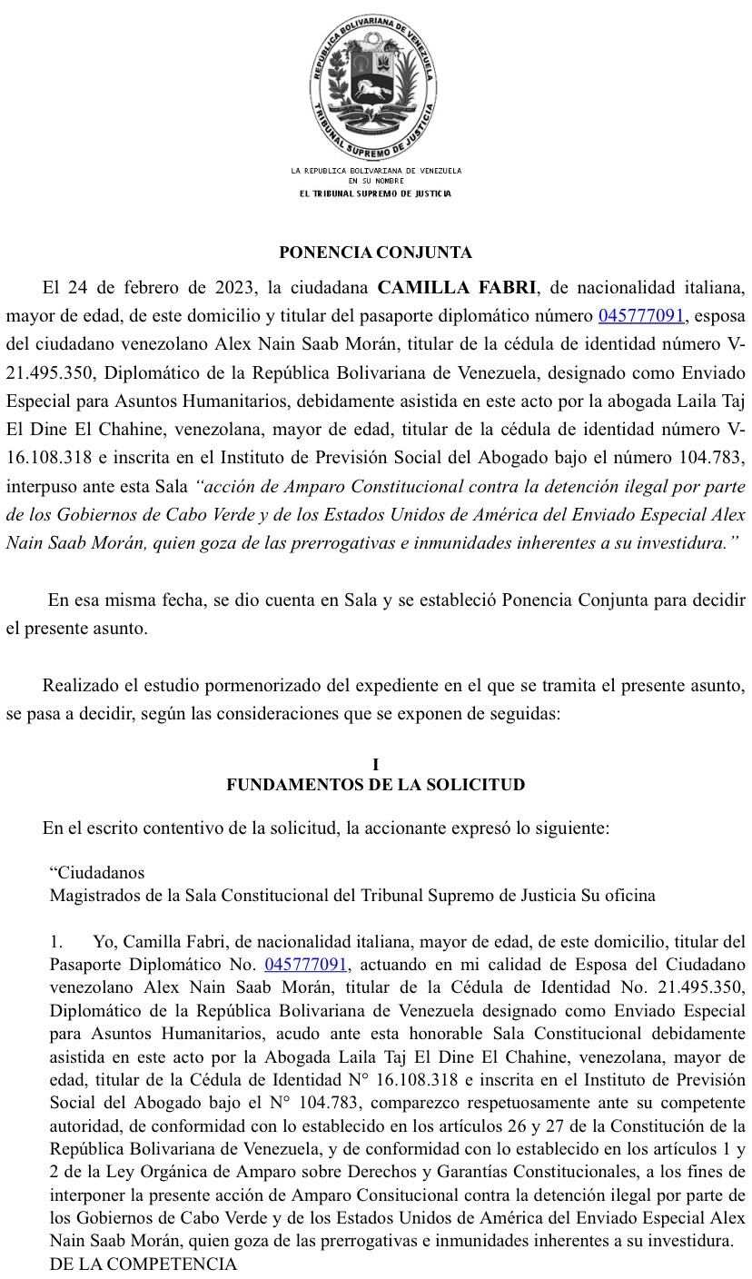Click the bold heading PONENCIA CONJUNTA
coord(375,253)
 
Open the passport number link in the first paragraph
coord(641,316)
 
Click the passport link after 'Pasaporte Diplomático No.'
coord(305,964)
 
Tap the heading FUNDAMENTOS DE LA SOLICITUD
coord(375,784)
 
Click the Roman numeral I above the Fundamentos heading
coord(375,765)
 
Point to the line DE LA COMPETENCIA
coord(143,1264)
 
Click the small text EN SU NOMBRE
coord(376,181)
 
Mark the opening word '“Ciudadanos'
coord(97,872)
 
